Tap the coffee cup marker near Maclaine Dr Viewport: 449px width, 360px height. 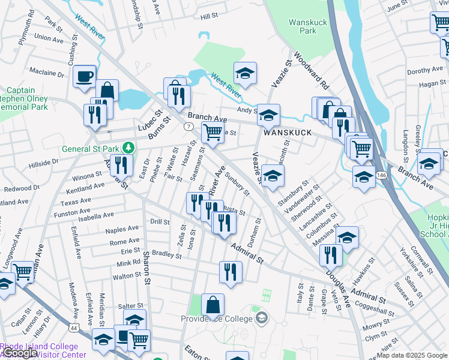[84, 77]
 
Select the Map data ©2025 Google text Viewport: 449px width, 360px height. [412, 355]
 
